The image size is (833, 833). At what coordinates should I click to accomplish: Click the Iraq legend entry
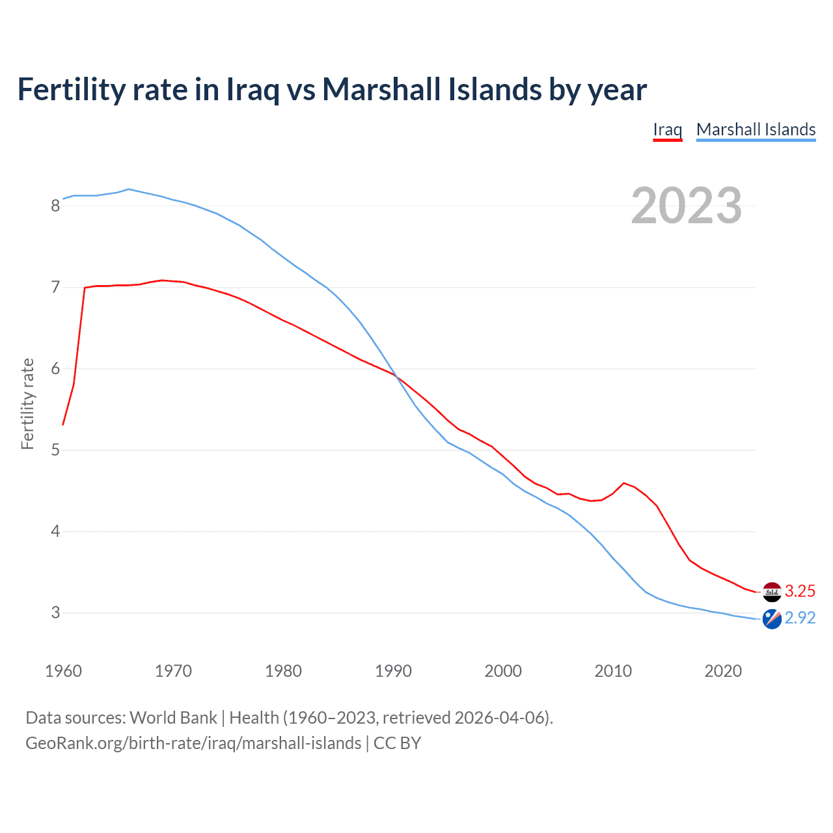click(x=667, y=130)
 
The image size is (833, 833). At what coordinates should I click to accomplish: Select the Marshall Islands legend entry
click(x=756, y=130)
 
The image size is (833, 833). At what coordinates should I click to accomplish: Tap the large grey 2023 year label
click(x=687, y=206)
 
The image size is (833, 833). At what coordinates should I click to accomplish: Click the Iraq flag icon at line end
click(x=772, y=592)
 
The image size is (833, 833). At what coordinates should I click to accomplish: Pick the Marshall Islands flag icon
click(x=772, y=619)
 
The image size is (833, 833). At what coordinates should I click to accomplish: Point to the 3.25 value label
click(x=800, y=591)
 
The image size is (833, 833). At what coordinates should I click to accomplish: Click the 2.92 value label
click(x=800, y=618)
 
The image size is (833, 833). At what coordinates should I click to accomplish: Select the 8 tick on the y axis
click(x=55, y=206)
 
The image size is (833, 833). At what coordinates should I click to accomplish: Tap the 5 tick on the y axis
click(x=55, y=450)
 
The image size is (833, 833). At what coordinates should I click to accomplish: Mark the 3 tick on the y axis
click(x=55, y=613)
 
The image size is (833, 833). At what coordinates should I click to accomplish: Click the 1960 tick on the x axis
click(x=63, y=671)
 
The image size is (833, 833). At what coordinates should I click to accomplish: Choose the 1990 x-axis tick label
click(x=393, y=671)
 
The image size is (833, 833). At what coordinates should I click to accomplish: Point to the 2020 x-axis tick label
click(x=723, y=671)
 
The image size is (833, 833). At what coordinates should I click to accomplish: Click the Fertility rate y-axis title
click(x=27, y=403)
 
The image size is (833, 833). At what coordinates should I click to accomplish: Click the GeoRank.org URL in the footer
click(x=193, y=743)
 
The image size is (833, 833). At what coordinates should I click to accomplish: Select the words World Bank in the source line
click(x=173, y=718)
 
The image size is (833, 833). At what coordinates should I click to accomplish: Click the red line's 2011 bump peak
click(x=624, y=483)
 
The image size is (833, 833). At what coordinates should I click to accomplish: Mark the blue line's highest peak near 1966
click(x=129, y=189)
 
